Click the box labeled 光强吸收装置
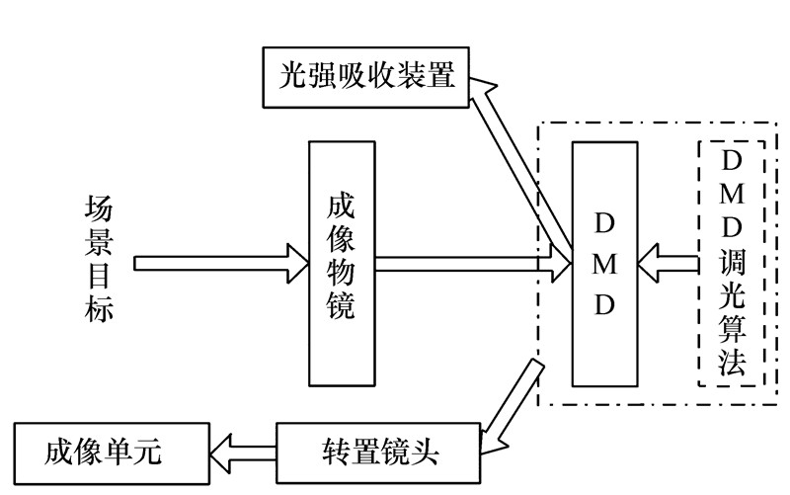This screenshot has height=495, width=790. [365, 76]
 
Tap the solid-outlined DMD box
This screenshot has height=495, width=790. [603, 263]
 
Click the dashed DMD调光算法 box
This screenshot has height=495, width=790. [732, 263]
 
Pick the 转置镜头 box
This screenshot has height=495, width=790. [379, 454]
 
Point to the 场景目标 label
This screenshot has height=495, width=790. [100, 263]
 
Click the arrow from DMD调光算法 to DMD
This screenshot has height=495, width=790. [667, 264]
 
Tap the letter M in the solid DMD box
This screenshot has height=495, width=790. [603, 264]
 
